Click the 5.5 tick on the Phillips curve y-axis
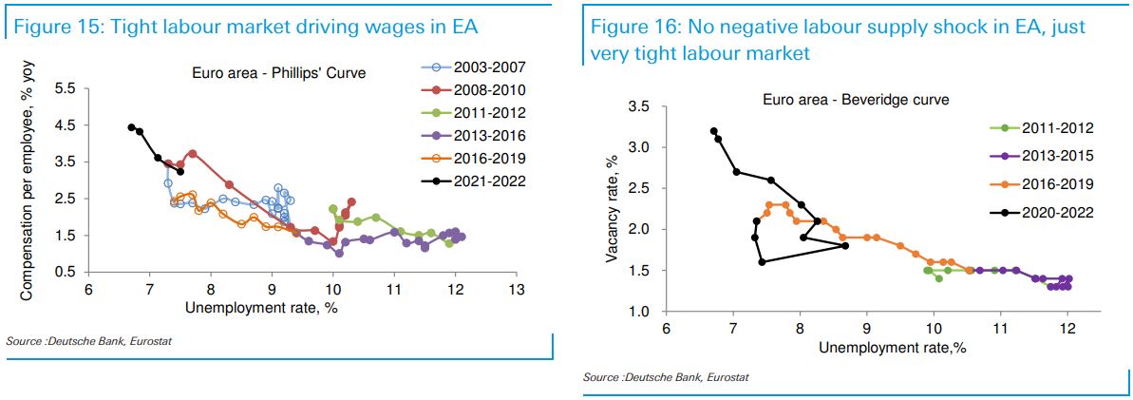pos(66,88)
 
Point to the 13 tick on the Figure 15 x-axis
pos(516,289)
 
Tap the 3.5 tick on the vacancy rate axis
pos(638,106)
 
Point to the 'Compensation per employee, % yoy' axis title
pos(29,179)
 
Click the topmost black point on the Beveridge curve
pos(713,131)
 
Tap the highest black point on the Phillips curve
pos(132,126)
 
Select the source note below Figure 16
pos(666,377)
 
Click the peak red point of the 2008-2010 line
pos(193,153)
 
